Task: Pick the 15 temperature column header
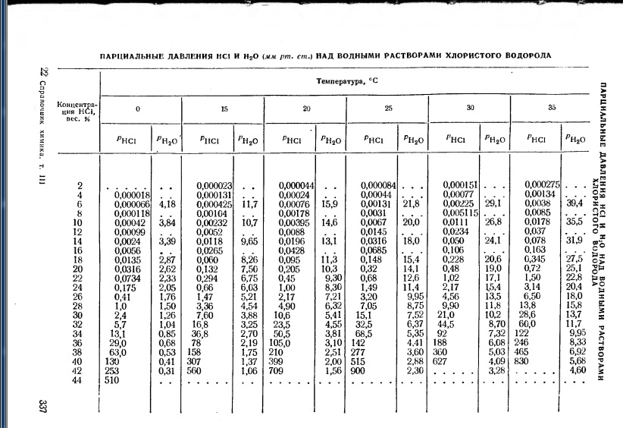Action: pyautogui.click(x=224, y=109)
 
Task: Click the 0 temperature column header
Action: pyautogui.click(x=137, y=109)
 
